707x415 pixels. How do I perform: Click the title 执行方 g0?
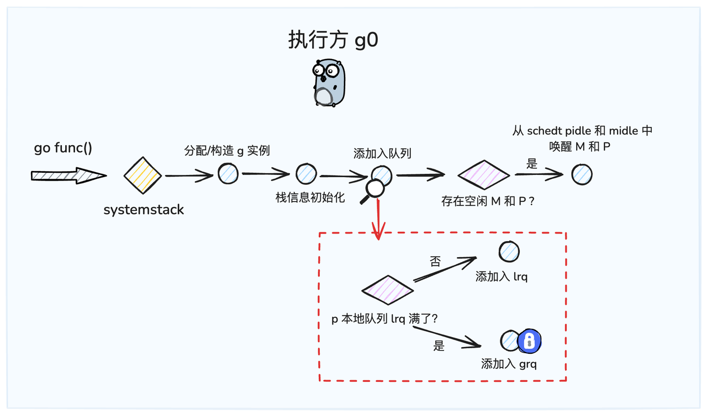coord(333,40)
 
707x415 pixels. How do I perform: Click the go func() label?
coord(63,148)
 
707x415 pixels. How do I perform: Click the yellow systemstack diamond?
coord(143,175)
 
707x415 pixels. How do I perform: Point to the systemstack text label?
coord(144,210)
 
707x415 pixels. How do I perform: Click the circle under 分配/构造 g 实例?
coord(228,174)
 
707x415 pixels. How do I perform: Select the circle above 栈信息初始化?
coord(305,174)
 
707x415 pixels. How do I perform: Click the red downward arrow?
coord(378,220)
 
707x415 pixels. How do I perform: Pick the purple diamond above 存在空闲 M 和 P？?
coord(484,175)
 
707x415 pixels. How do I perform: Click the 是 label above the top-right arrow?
coord(532,163)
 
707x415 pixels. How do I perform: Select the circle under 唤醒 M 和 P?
coord(582,174)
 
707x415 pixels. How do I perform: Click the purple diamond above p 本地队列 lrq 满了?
coord(388,290)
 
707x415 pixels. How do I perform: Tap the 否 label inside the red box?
coord(435,262)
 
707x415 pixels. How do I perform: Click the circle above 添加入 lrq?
coord(509,252)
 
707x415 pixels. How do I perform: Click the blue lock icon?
coord(530,341)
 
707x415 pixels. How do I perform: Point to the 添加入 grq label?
coord(509,364)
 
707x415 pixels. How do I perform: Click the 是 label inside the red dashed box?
coord(439,347)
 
